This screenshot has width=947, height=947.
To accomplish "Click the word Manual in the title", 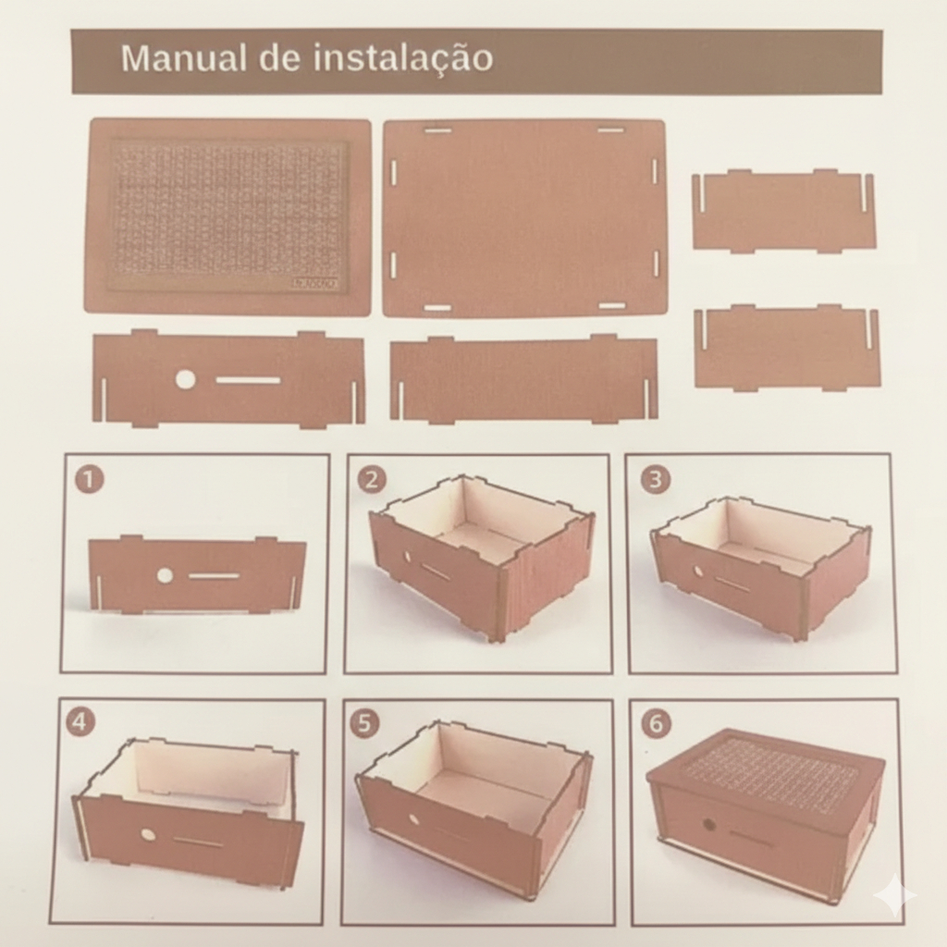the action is (185, 58).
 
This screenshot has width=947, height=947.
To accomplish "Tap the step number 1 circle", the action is (90, 480).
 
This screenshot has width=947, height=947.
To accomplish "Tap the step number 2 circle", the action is (372, 480).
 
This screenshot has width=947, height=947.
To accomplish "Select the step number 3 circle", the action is (656, 480).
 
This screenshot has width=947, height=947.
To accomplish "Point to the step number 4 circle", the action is (80, 723).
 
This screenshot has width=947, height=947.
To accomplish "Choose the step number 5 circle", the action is (364, 723).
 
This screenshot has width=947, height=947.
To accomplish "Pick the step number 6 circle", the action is (657, 723).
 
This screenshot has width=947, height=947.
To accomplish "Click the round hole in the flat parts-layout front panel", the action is (185, 380).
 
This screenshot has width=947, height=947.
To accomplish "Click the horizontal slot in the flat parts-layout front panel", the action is (248, 380).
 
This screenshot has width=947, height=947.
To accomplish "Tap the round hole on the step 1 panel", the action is (164, 575).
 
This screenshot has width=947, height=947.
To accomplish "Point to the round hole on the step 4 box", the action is (146, 835).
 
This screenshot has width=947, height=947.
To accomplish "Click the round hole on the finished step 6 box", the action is (707, 824).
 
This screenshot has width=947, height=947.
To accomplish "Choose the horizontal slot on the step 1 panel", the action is (212, 575).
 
